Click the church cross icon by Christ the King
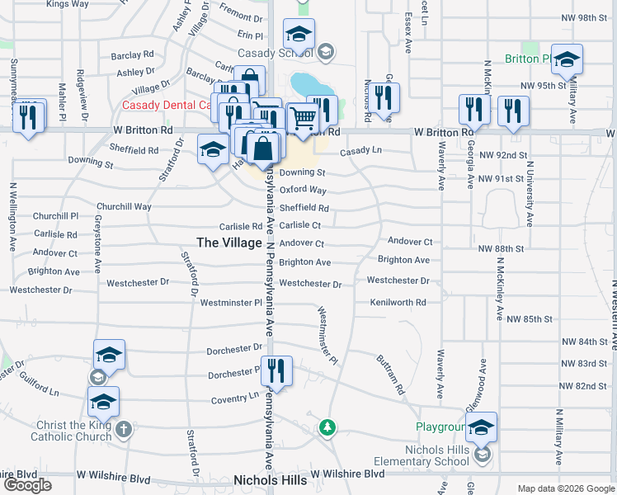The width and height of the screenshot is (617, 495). (123, 429)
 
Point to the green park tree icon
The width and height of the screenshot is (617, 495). (328, 427)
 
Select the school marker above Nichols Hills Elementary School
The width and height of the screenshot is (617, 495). (482, 427)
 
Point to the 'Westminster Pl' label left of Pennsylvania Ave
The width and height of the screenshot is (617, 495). (231, 304)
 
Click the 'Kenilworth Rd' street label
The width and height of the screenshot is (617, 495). (398, 303)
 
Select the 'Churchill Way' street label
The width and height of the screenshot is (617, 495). (124, 207)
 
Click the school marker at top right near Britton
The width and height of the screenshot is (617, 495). (567, 59)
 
